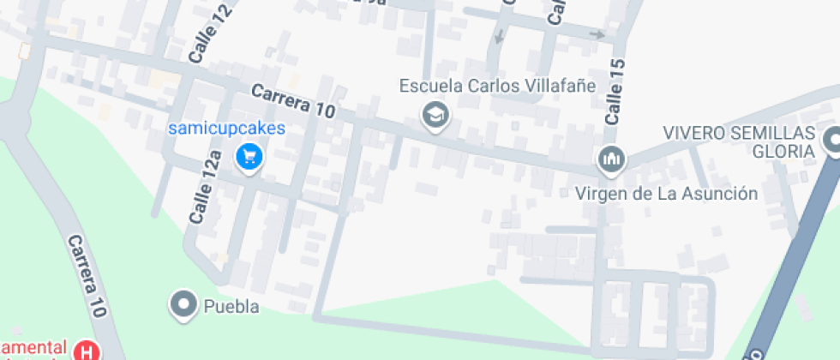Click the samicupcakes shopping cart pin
pos(249,157)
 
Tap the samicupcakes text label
pos(226,129)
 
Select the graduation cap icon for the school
pos(436,114)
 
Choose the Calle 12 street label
pos(199,40)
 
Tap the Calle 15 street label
pos(614,93)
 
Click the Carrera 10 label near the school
pos(294,101)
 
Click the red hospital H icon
pos(87,350)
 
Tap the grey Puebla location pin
pos(183,304)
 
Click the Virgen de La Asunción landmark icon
pos(611,159)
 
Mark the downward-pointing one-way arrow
pos(499,37)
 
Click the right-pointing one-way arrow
pos(597,35)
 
